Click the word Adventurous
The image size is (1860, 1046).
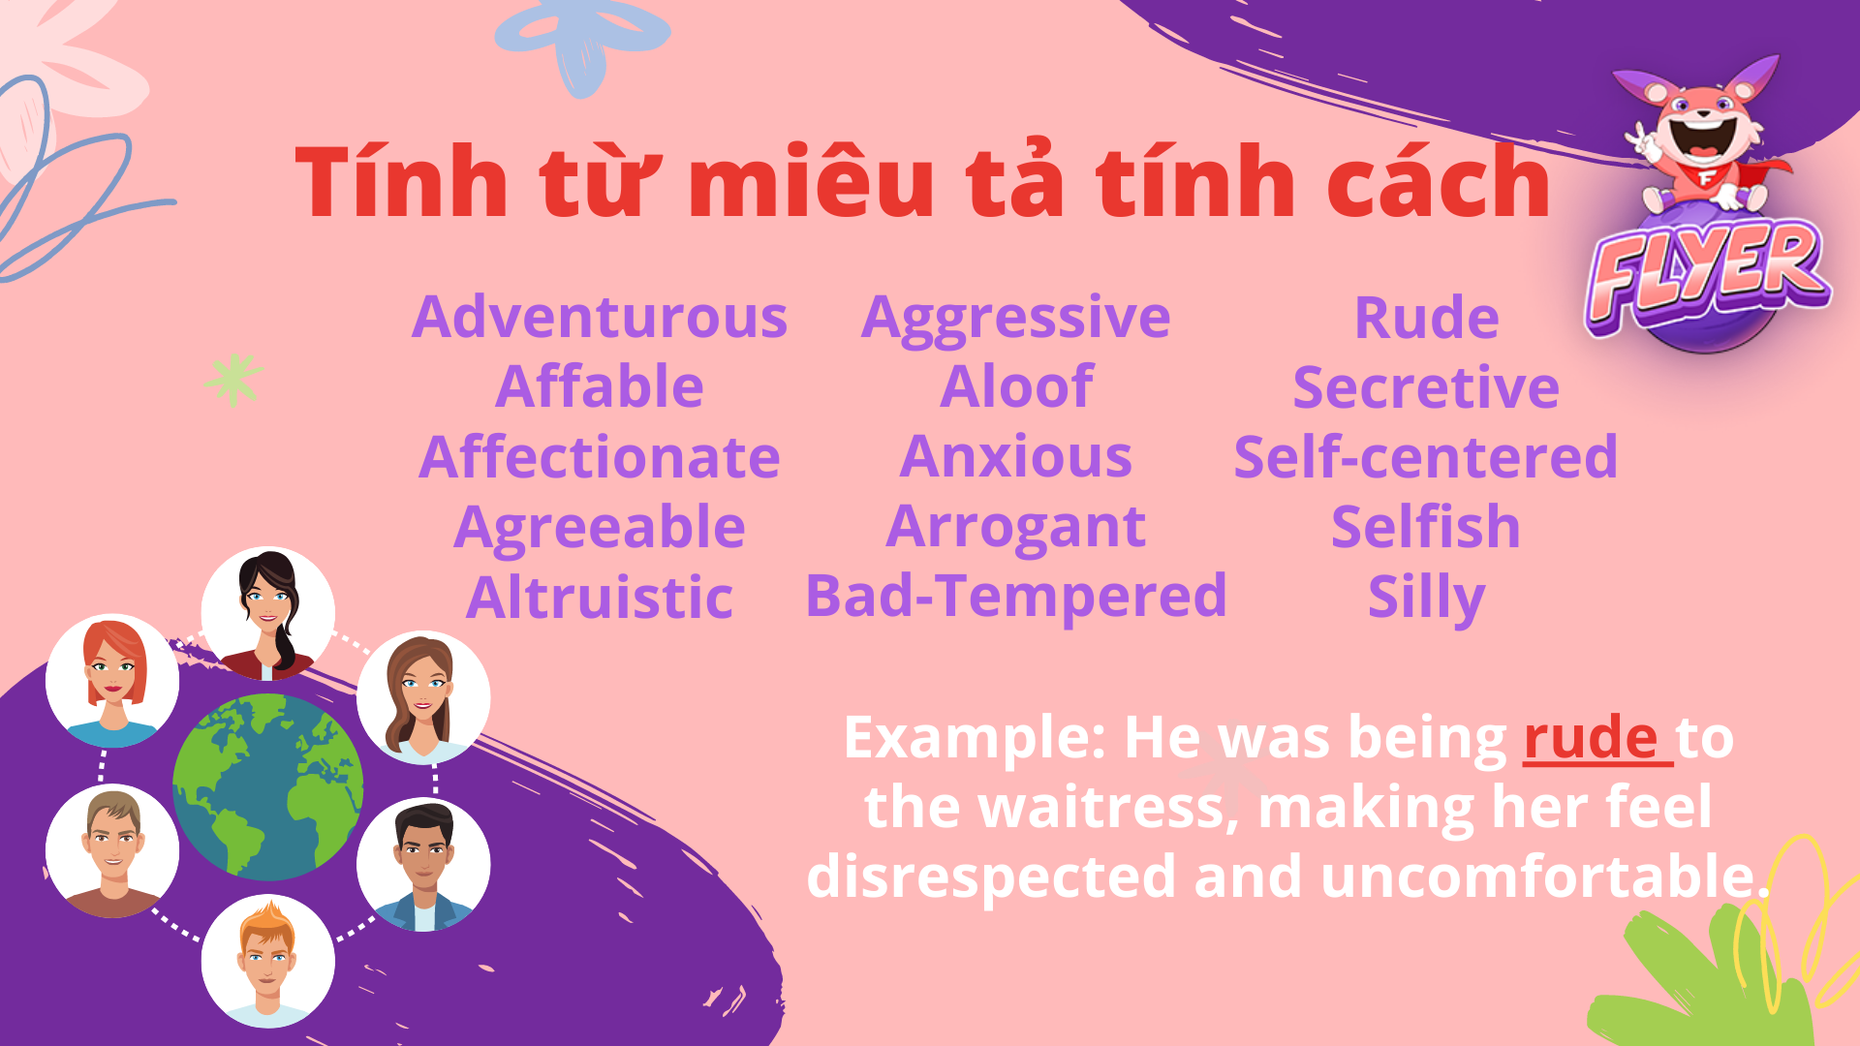(600, 318)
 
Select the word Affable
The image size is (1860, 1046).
(600, 387)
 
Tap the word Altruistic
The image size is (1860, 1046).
(600, 598)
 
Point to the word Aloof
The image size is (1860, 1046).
(1016, 387)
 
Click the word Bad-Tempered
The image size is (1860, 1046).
(1016, 596)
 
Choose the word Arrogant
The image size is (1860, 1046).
(1016, 528)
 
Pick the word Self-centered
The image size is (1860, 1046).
(1425, 457)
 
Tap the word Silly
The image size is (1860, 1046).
(1425, 598)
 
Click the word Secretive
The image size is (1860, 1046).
(1425, 387)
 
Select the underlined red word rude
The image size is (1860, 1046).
(1591, 738)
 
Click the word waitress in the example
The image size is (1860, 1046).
(1108, 808)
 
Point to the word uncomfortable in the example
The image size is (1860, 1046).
(1540, 877)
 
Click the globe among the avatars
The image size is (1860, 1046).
(268, 786)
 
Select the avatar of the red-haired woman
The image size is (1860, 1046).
(113, 680)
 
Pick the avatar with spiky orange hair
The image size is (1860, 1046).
(268, 961)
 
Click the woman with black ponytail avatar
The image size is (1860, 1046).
(268, 612)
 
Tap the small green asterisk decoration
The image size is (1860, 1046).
(233, 380)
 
